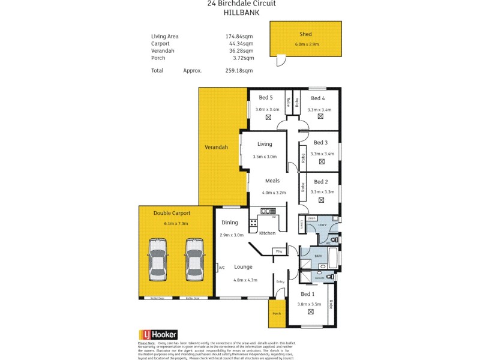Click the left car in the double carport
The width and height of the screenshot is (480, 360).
point(158,259)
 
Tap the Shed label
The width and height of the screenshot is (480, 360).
point(305,34)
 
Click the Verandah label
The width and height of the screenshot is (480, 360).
point(216,147)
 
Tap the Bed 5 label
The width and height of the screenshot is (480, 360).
point(266,98)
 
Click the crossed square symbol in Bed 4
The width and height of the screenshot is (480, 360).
point(320,117)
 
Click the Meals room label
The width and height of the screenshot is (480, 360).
point(273,181)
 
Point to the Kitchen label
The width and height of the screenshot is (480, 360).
point(267,233)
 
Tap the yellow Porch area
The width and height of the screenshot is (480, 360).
point(277,314)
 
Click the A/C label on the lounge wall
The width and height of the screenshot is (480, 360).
point(221,268)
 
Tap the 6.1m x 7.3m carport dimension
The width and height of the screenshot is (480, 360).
point(176,224)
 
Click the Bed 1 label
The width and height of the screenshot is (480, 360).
point(307,294)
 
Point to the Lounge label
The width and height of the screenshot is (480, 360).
point(244,266)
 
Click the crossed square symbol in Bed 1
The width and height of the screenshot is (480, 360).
point(311,312)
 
